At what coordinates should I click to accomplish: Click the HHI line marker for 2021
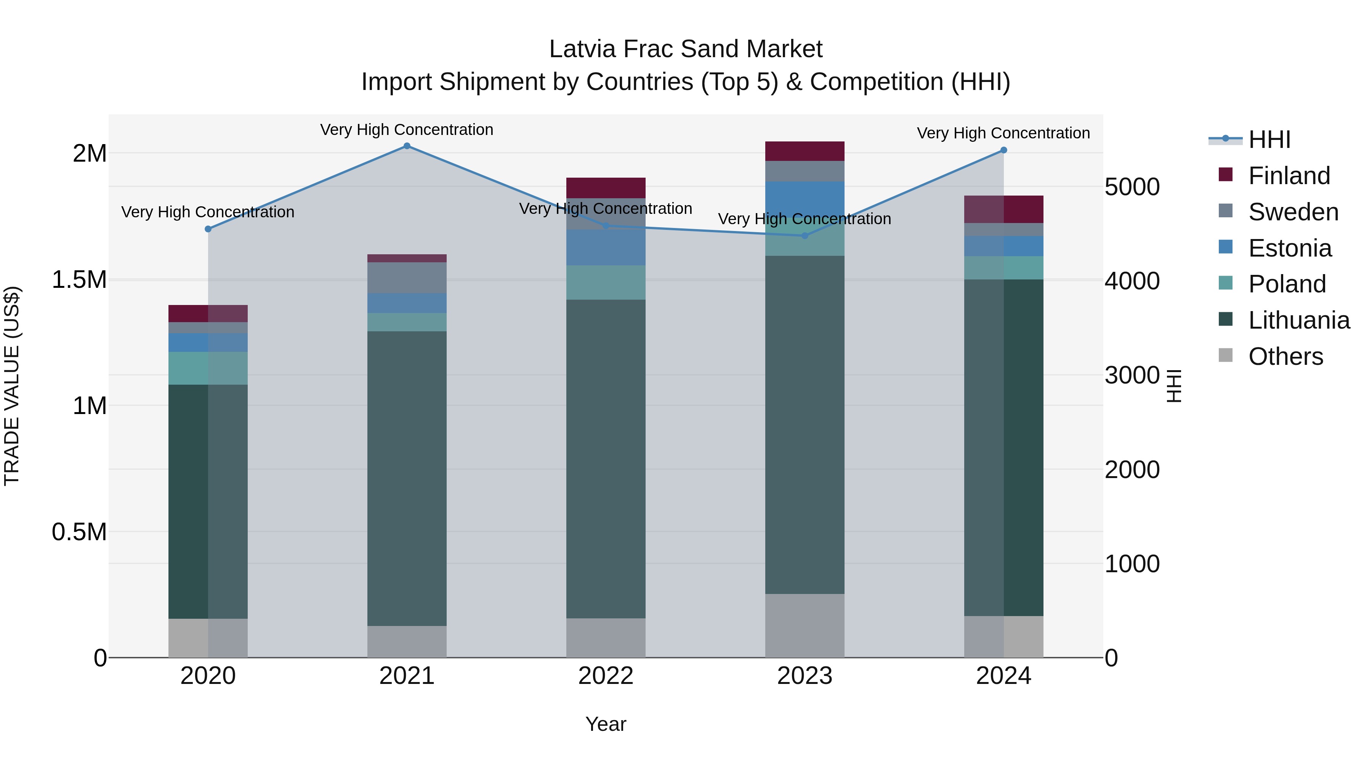click(x=407, y=146)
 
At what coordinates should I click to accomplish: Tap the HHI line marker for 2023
click(x=805, y=236)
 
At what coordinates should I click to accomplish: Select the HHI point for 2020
click(x=208, y=229)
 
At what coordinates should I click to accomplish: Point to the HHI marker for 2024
click(x=1003, y=150)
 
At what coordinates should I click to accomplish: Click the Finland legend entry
click(x=1289, y=176)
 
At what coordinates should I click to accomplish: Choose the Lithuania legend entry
click(x=1298, y=320)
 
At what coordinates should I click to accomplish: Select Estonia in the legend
click(x=1289, y=248)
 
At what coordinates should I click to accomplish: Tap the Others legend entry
click(x=1285, y=356)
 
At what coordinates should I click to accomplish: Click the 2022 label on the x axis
click(x=606, y=676)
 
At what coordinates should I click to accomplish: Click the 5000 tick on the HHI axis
click(x=1132, y=187)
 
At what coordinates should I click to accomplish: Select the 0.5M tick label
click(x=79, y=532)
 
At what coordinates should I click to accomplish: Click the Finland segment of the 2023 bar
click(x=805, y=151)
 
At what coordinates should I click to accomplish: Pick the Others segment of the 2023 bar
click(x=805, y=626)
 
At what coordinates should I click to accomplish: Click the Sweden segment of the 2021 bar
click(x=407, y=278)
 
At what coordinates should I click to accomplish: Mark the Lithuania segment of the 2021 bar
click(x=407, y=478)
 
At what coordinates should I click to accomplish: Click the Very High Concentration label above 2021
click(x=407, y=130)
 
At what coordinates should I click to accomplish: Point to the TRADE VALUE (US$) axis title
click(x=12, y=386)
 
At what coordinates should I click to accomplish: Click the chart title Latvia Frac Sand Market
click(x=686, y=49)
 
